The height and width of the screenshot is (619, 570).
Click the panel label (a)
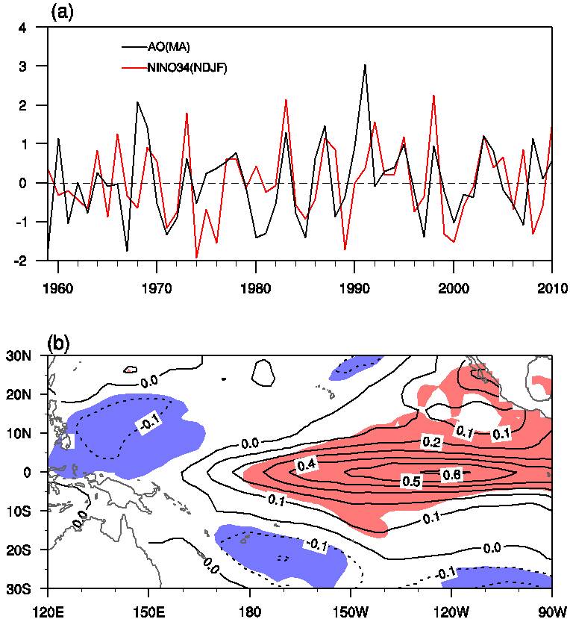tap(61, 12)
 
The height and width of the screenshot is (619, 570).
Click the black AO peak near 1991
tap(365, 65)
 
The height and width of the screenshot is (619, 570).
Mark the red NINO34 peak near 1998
tap(433, 96)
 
